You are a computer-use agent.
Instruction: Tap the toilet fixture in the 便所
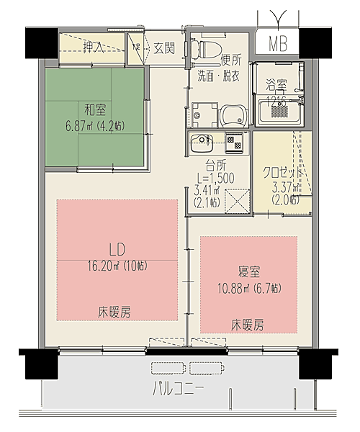(207, 49)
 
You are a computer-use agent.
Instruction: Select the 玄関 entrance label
(164, 48)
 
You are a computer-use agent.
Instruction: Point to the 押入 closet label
(93, 48)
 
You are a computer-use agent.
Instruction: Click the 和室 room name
(96, 109)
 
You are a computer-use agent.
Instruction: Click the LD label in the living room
(117, 249)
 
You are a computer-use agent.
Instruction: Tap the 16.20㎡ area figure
(117, 265)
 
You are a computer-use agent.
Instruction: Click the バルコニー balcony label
(178, 391)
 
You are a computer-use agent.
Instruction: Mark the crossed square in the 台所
(237, 199)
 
